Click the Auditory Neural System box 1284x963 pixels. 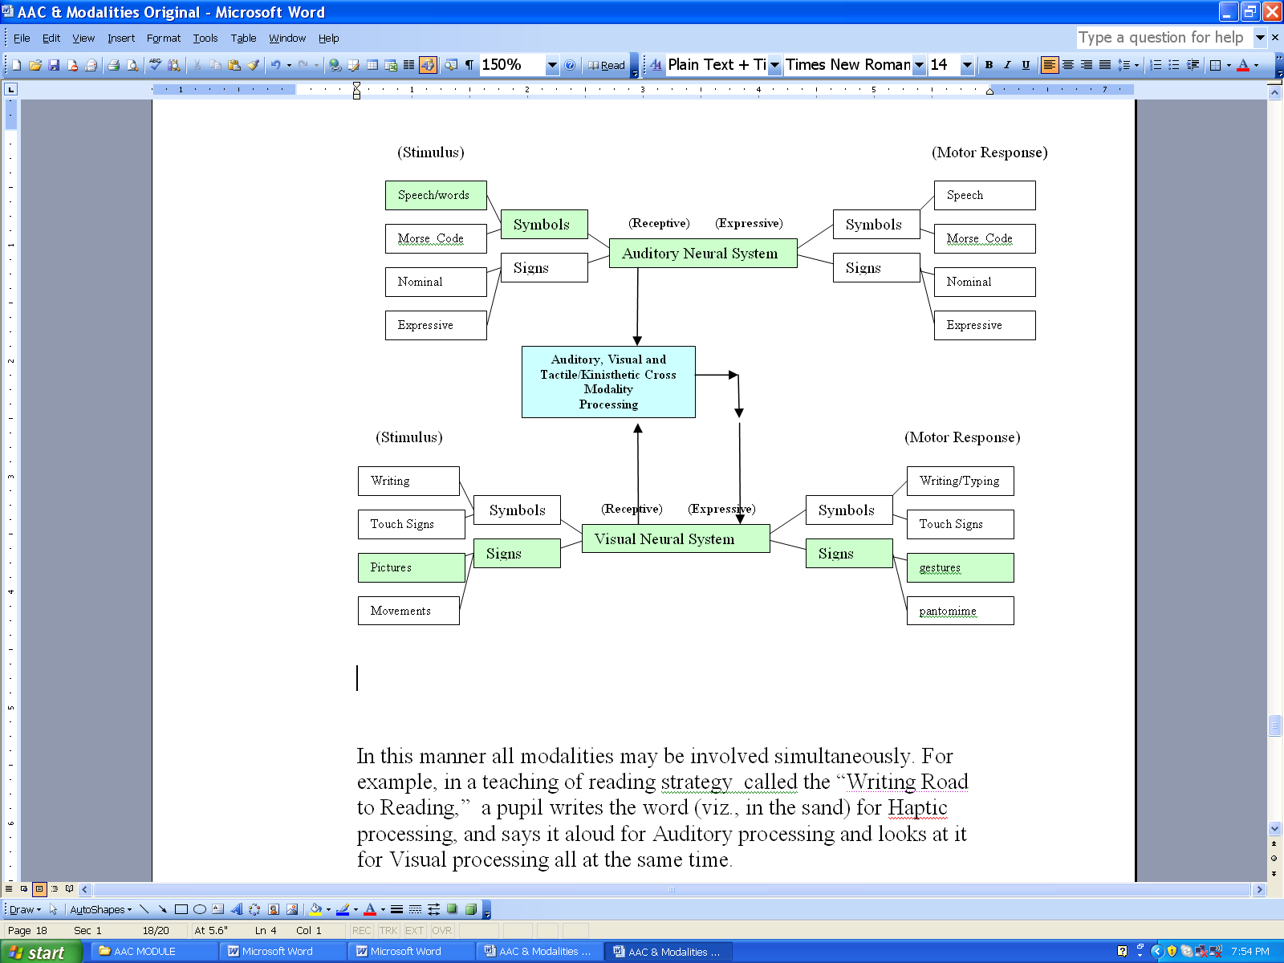pos(702,253)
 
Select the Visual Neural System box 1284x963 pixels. pos(676,538)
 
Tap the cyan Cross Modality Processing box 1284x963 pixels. pos(608,382)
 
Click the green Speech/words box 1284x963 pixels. pos(436,195)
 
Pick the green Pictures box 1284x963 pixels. pos(411,567)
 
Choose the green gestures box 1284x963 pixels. pos(960,567)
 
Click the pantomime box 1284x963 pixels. pos(960,611)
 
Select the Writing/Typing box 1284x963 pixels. pos(960,481)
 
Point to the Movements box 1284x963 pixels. pos(408,611)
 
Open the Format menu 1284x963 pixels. pos(163,39)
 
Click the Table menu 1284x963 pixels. pos(243,39)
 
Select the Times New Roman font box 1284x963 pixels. pos(854,65)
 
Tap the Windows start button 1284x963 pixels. pos(41,952)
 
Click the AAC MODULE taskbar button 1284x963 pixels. pos(152,952)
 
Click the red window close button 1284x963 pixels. pos(1272,12)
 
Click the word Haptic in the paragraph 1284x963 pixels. pos(917,808)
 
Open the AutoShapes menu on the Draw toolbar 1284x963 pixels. pos(100,910)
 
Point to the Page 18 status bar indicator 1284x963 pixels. pos(27,930)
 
